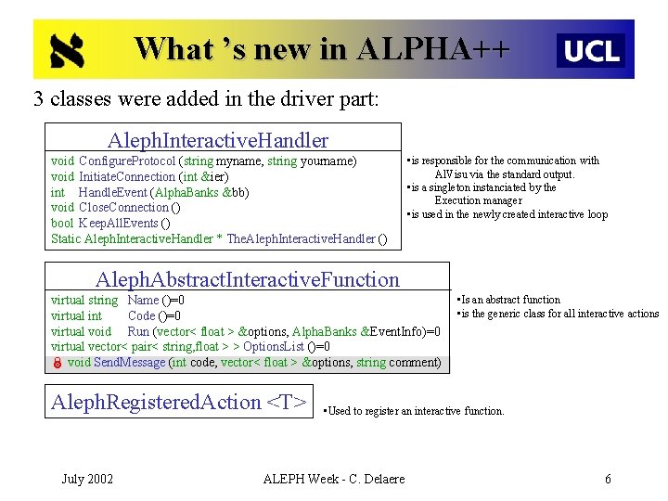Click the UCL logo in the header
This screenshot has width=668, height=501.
pos(591,50)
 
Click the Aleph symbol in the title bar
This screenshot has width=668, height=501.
pos(67,51)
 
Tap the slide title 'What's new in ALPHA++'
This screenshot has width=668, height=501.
pos(322,47)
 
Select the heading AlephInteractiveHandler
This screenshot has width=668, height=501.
pos(218,141)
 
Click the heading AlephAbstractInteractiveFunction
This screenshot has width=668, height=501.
pos(248,279)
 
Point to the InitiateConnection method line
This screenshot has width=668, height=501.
pos(139,176)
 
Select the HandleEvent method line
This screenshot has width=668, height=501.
pos(149,192)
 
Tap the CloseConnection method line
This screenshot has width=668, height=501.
pos(116,208)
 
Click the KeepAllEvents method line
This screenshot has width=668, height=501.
pos(110,224)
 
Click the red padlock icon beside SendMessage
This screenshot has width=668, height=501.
pos(57,363)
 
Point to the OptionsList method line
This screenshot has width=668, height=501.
pos(190,347)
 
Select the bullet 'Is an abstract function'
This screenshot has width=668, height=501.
pos(509,300)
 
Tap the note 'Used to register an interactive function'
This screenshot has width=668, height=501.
pos(415,410)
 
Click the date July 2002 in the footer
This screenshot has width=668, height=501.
pos(87,479)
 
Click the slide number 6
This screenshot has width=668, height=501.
pos(608,479)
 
